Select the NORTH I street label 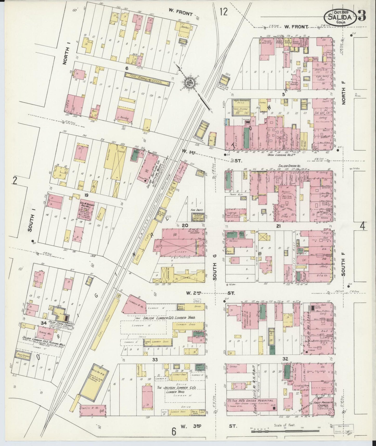pos(67,55)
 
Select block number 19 pos(86,195)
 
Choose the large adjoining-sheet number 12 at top pos(223,12)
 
